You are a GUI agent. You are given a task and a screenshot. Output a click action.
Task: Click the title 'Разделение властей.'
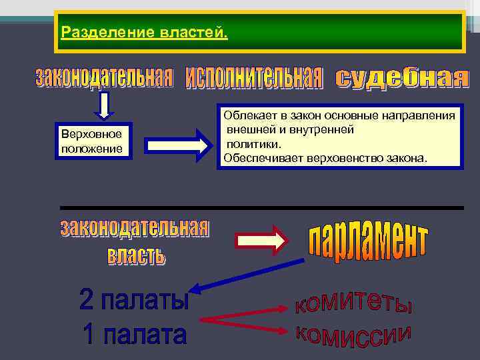pyautogui.click(x=143, y=32)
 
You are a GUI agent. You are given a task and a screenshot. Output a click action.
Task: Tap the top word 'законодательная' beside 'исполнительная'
pyautogui.click(x=103, y=77)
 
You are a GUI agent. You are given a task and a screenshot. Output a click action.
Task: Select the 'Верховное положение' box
pyautogui.click(x=92, y=141)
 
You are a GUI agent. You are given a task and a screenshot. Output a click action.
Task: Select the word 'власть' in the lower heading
pyautogui.click(x=136, y=254)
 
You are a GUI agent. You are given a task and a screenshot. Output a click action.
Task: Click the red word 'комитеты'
pyautogui.click(x=353, y=303)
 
